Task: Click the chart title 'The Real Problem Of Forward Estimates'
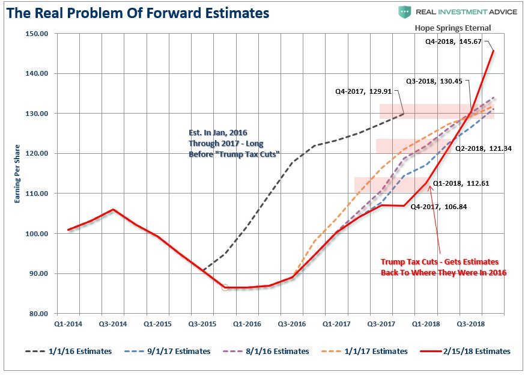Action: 138,13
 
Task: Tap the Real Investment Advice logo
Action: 448,12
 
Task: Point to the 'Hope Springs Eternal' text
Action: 452,28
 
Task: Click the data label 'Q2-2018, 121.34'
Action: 483,148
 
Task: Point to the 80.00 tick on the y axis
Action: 38,314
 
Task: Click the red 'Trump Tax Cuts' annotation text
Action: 443,267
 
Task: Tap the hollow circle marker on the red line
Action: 225,288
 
